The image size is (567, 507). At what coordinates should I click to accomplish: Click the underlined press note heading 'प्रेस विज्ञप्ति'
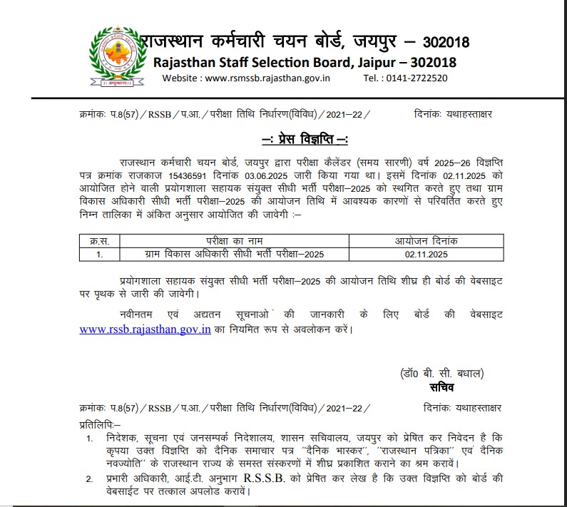(x=305, y=138)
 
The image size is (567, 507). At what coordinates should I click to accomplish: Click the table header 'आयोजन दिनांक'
(x=425, y=240)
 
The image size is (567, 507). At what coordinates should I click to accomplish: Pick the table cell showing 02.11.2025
(x=425, y=253)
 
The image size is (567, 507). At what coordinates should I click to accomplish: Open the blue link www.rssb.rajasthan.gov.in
(x=145, y=329)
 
